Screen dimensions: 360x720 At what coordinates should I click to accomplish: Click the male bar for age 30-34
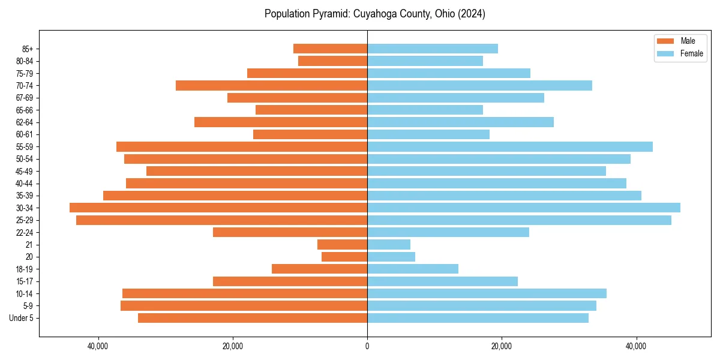(218, 208)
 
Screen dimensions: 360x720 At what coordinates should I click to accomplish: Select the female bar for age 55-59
(509, 146)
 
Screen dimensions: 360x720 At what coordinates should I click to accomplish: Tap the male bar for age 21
(342, 244)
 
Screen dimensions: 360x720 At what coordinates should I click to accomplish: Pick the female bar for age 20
(391, 257)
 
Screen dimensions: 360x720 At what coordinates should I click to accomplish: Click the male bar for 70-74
(271, 85)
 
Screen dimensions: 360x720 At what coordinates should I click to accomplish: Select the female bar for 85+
(432, 49)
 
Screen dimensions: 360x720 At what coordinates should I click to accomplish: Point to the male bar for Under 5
(253, 318)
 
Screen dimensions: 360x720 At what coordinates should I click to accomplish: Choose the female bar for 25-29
(519, 220)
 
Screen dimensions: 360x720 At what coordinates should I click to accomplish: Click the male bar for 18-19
(319, 269)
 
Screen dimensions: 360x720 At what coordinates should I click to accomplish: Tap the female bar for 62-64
(460, 122)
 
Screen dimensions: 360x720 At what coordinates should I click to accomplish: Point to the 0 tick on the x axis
(367, 346)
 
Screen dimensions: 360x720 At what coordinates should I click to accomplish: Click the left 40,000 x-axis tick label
(98, 346)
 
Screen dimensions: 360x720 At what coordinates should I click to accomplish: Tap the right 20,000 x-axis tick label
(502, 346)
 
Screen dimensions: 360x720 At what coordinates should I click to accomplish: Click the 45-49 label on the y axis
(25, 171)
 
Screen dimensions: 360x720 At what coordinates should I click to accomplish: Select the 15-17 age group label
(25, 281)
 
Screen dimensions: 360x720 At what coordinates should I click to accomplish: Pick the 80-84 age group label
(25, 61)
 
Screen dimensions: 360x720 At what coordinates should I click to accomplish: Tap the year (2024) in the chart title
(471, 14)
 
